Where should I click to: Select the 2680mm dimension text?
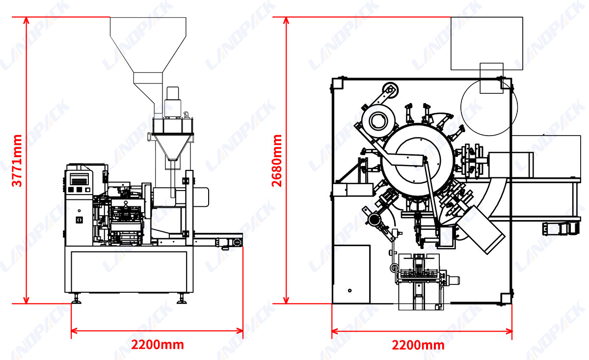277,161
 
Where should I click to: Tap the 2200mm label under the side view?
157,344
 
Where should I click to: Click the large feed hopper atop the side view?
148,44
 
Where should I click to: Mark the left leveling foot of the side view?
76,299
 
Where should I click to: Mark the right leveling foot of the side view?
181,299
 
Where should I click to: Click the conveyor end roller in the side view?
237,242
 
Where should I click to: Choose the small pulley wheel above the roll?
390,89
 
